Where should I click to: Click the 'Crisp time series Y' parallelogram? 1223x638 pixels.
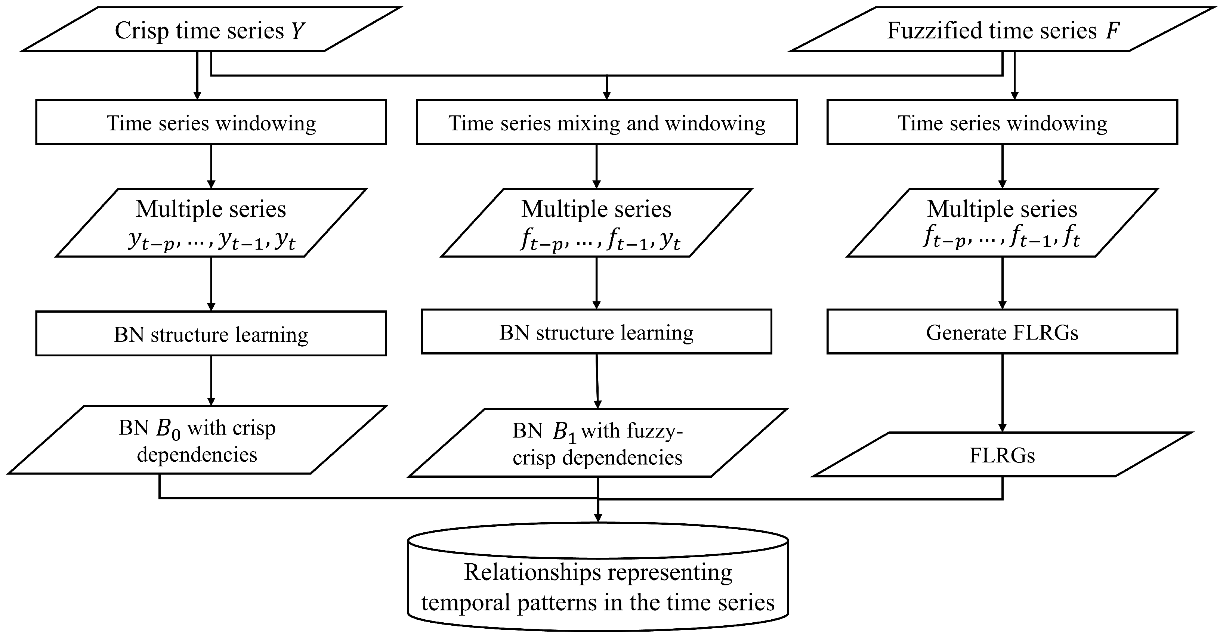tap(211, 30)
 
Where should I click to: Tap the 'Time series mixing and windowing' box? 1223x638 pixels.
tap(606, 122)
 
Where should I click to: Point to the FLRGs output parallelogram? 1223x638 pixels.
tap(1002, 455)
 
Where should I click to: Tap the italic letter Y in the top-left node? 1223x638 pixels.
tap(297, 31)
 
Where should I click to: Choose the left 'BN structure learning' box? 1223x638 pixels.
tap(211, 334)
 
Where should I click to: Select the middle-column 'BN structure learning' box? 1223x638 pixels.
tap(596, 332)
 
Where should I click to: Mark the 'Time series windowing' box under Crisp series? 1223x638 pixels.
tap(211, 122)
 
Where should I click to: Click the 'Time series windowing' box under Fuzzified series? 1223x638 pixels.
tap(1002, 122)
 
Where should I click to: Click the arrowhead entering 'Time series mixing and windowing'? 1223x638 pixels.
tap(606, 95)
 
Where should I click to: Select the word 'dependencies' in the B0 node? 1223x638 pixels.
tap(197, 455)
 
